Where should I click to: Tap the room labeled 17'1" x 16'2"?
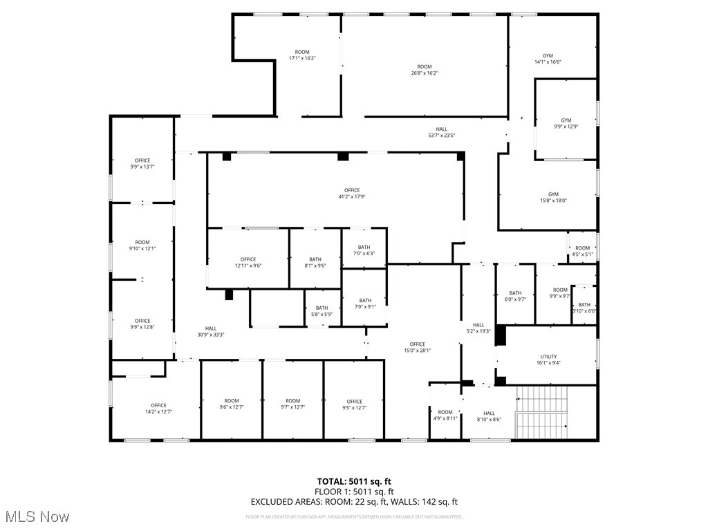pos(302,55)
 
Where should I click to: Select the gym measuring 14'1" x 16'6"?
pos(548,59)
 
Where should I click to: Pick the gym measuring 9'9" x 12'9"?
pos(566,123)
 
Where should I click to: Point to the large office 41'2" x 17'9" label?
pos(352,194)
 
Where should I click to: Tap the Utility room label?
pos(548,360)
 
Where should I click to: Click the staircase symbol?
pos(542,412)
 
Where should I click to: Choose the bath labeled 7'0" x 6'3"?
pos(364,250)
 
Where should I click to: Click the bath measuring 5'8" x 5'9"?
pos(322,311)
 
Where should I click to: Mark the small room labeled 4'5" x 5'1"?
pos(582,251)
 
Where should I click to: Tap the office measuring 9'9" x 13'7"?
pos(142,164)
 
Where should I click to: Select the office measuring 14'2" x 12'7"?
pos(158,409)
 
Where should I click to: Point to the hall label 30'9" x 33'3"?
pos(211,332)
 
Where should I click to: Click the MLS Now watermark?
pos(36,516)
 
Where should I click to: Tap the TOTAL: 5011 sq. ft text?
pos(353,481)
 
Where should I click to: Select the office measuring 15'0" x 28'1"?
pos(417,347)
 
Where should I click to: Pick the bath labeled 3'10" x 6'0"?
pos(584,308)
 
